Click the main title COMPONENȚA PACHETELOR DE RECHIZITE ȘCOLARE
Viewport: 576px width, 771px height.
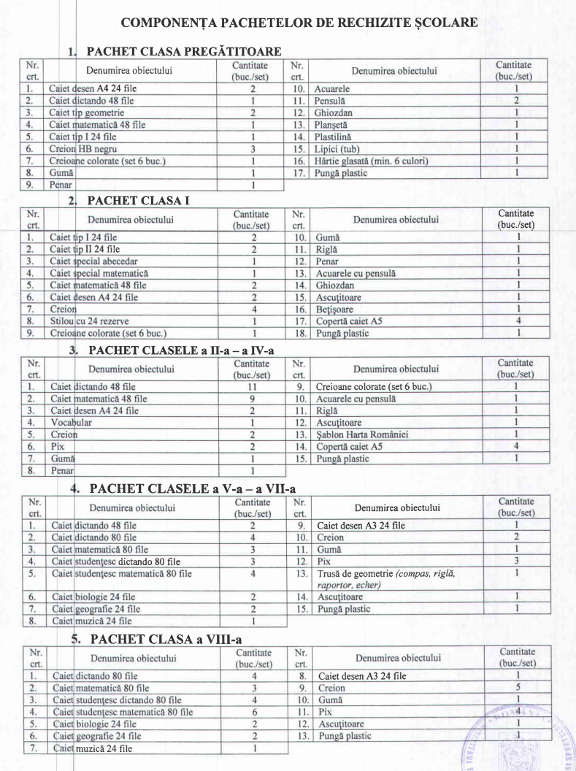tap(299, 22)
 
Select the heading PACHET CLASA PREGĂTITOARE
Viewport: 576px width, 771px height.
tap(183, 52)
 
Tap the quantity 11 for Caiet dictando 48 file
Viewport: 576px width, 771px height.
tap(250, 386)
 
